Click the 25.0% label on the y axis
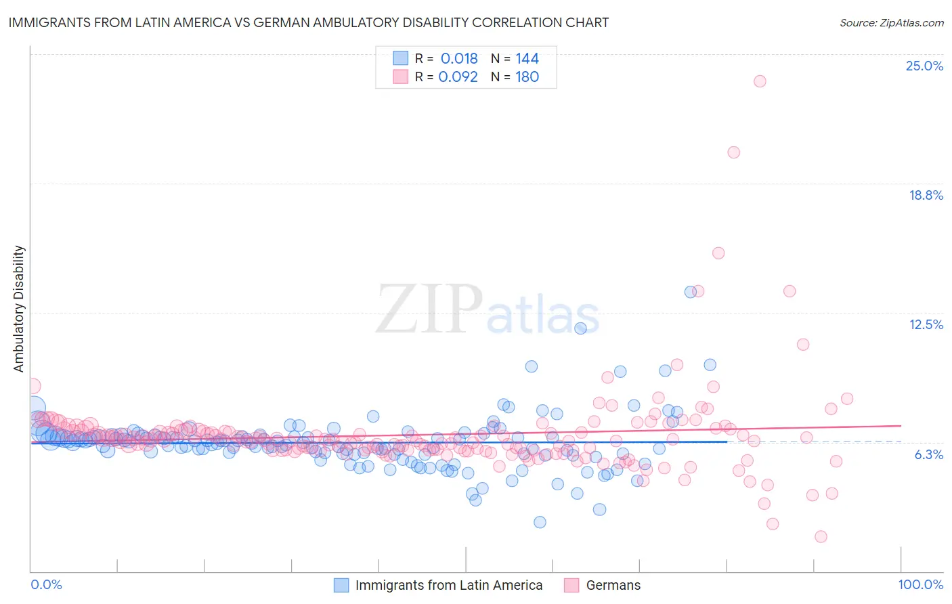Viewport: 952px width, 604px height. [x=924, y=66]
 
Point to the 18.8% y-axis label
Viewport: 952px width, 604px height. [x=926, y=195]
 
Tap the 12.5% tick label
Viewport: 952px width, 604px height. [x=926, y=324]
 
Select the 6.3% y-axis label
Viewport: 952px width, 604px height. [x=928, y=454]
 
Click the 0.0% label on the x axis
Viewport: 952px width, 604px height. [x=46, y=584]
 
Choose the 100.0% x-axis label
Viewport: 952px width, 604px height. [x=920, y=584]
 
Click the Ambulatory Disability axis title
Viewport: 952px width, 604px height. [x=19, y=309]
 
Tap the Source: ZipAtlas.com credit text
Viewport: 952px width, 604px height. [x=891, y=22]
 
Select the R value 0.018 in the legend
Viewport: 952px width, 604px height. [x=459, y=59]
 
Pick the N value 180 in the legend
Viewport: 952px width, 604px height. [x=527, y=77]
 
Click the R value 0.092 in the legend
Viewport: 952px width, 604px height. [x=458, y=77]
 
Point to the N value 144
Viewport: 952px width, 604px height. [x=527, y=59]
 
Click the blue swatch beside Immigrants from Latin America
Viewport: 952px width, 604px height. [x=341, y=585]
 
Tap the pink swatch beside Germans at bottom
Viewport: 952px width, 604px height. [x=571, y=585]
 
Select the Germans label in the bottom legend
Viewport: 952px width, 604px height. [x=613, y=585]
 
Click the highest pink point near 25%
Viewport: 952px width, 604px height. [x=760, y=81]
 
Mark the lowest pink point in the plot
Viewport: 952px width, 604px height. [x=821, y=536]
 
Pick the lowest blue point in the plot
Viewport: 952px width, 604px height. [x=540, y=522]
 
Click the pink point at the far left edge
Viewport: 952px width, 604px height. [x=33, y=386]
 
